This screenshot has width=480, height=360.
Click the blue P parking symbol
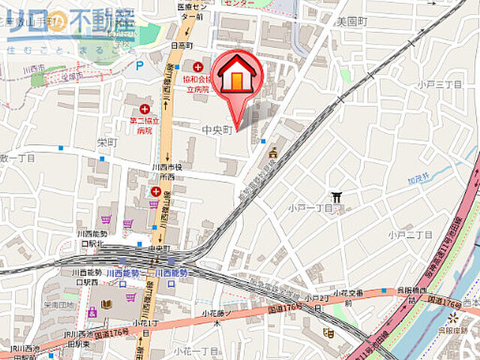pos(139,65)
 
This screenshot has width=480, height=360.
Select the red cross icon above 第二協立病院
pos(144,109)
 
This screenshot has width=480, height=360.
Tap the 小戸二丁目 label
pos(410,235)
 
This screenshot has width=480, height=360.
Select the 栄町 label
pos(107,141)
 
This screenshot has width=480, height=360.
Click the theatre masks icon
pos(328,332)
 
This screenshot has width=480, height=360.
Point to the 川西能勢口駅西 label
pos(88,277)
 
